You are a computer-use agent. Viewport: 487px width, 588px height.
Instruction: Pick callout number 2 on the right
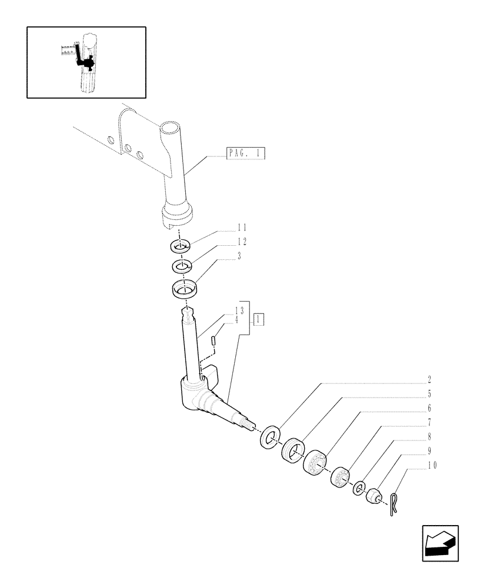pyautogui.click(x=429, y=380)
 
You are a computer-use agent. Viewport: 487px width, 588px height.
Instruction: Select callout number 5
pyautogui.click(x=429, y=394)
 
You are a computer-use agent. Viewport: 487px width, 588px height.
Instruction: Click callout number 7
pyautogui.click(x=429, y=422)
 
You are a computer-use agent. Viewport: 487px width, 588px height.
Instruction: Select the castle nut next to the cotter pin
pyautogui.click(x=374, y=497)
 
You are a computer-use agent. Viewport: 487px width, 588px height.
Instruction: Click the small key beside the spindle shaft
pyautogui.click(x=215, y=339)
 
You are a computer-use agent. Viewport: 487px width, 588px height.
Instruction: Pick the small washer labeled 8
pyautogui.click(x=358, y=489)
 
